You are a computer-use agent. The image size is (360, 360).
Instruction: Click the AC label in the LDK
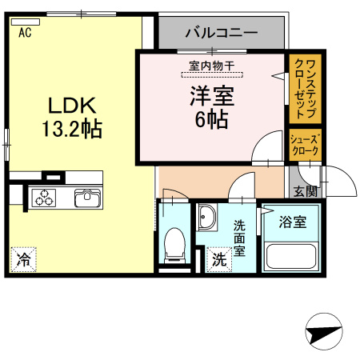click(25, 33)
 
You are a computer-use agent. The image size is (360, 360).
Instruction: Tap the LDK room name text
click(70, 106)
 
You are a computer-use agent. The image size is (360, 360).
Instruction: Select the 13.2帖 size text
click(71, 126)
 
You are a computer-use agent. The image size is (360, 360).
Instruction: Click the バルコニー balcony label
click(221, 34)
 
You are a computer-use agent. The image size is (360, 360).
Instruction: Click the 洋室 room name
click(211, 97)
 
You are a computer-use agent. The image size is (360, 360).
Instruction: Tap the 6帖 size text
click(210, 120)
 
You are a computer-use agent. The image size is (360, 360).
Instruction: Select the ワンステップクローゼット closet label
click(305, 84)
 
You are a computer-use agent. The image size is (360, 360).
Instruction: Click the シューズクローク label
click(305, 144)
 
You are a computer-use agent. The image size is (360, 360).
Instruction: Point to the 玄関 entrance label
click(305, 191)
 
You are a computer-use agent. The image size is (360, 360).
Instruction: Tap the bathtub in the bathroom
click(290, 256)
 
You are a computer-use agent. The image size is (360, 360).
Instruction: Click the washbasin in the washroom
click(208, 218)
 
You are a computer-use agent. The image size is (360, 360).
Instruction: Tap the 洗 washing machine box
click(218, 259)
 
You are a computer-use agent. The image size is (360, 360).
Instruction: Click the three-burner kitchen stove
click(45, 198)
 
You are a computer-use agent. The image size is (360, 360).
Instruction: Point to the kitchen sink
click(86, 198)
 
